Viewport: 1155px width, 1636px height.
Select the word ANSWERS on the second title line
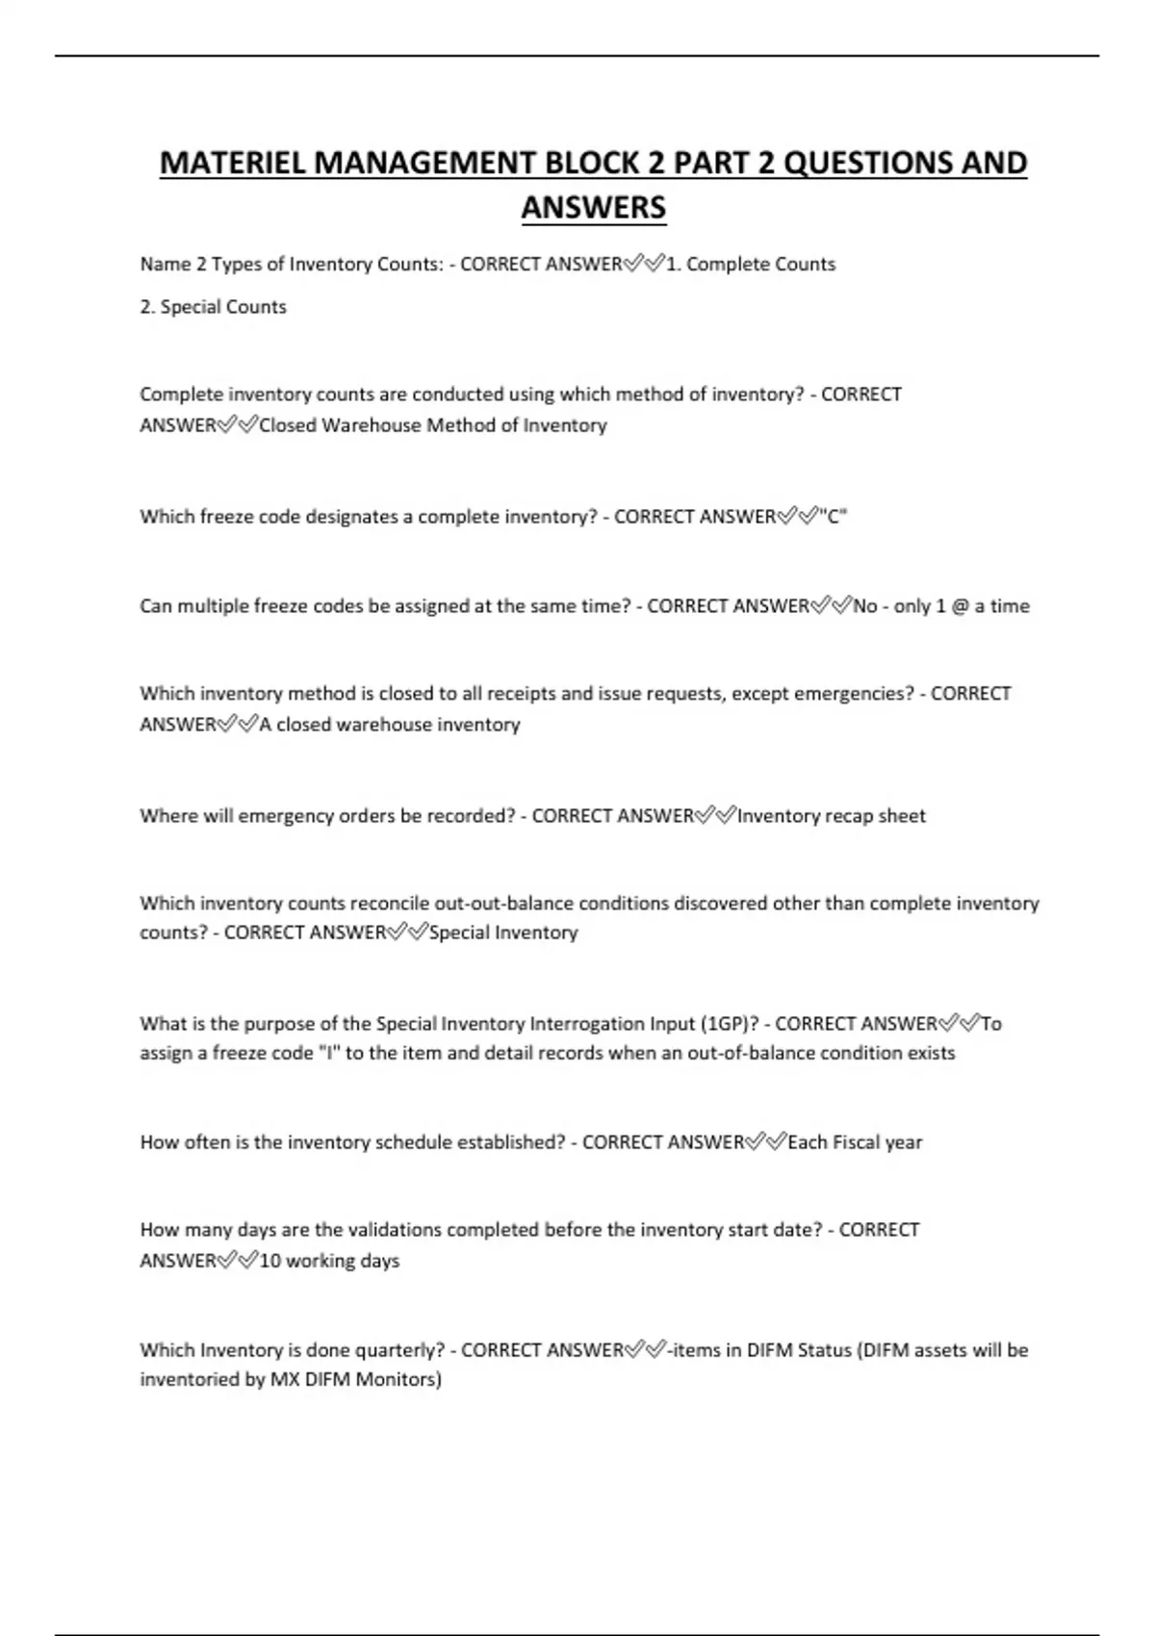click(x=593, y=208)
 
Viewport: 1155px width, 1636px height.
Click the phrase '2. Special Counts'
click(x=213, y=307)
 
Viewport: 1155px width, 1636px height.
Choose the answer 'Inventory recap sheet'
click(x=832, y=816)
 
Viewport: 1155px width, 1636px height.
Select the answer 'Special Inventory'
click(x=503, y=933)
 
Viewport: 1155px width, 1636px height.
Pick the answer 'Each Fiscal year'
click(x=855, y=1142)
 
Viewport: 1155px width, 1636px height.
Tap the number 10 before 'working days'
click(x=269, y=1261)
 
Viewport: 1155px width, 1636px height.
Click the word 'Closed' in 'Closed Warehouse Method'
click(x=288, y=425)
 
